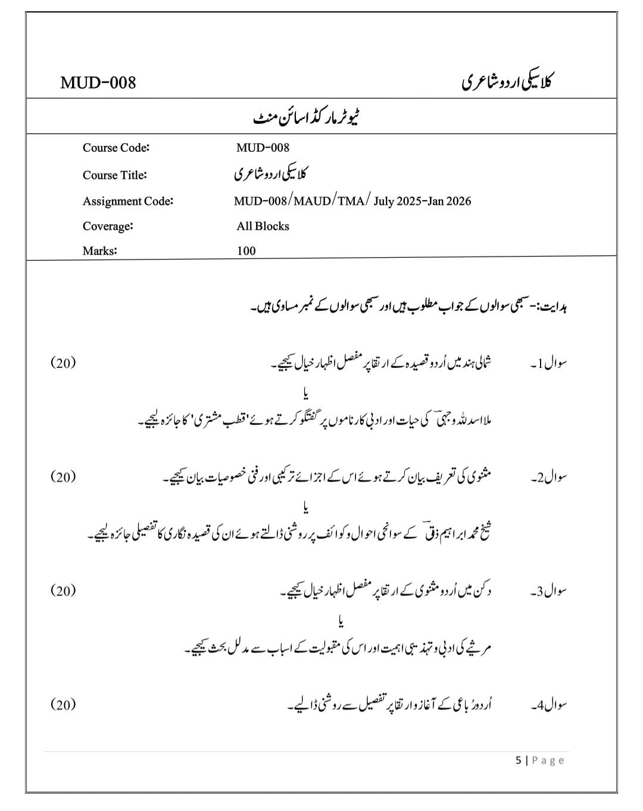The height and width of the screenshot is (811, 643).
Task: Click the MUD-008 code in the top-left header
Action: (98, 82)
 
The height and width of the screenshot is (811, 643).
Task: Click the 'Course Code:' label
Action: (116, 148)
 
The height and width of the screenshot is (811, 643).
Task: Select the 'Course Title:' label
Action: (115, 175)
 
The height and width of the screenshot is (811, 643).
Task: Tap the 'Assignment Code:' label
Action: (128, 201)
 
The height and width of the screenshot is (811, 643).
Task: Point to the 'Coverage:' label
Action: (108, 226)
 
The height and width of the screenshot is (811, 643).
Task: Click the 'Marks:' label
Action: (100, 251)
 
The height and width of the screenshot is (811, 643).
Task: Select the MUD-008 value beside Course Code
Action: (263, 148)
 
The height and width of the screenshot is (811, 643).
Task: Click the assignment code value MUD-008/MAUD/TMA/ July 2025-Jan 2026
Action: (352, 201)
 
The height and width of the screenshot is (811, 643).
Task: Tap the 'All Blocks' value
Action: (263, 226)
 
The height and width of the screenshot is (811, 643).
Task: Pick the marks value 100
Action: (246, 251)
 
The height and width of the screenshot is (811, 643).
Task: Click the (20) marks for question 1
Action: (63, 363)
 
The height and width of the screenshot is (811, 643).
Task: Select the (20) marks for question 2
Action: (63, 476)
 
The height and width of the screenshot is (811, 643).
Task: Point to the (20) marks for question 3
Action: (63, 590)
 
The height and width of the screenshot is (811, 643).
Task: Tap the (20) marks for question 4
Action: (63, 704)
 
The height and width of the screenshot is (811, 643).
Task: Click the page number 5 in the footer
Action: (519, 760)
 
